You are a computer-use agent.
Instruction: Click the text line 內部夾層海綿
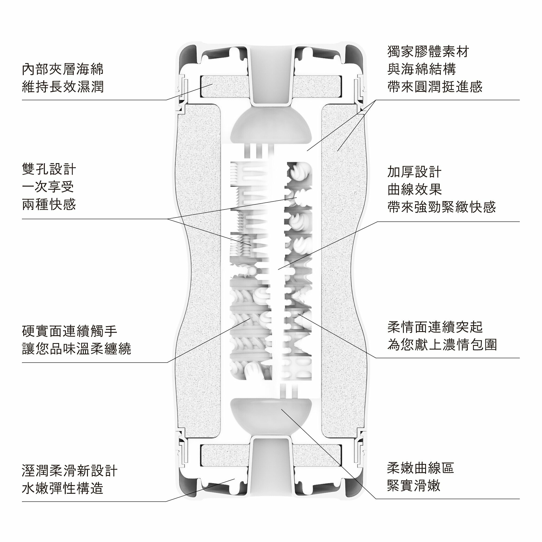click(63, 69)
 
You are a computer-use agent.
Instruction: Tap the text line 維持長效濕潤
click(63, 87)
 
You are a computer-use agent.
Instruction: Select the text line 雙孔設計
click(49, 169)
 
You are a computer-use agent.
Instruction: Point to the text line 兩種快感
click(49, 205)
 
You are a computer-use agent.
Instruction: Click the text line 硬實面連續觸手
click(70, 331)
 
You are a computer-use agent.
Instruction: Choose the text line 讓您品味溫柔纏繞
click(77, 349)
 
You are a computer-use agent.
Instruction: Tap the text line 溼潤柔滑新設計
click(70, 471)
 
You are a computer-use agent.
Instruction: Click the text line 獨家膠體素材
click(428, 51)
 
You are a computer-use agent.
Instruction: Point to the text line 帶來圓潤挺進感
click(435, 87)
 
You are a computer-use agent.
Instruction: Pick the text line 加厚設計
click(414, 172)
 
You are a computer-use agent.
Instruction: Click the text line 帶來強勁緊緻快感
click(441, 207)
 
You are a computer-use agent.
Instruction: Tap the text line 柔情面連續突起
click(435, 327)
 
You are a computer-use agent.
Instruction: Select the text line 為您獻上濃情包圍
click(442, 344)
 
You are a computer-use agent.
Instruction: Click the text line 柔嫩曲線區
click(421, 468)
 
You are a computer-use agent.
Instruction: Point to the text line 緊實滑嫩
click(414, 486)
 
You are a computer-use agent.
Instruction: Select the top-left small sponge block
click(224, 86)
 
